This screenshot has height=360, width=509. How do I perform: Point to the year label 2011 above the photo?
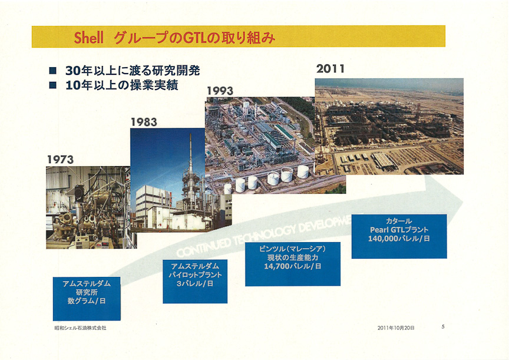(330, 68)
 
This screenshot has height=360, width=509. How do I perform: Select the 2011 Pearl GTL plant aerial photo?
(389, 126)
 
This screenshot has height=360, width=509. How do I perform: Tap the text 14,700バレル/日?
(292, 267)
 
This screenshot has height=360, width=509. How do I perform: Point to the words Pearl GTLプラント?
(399, 230)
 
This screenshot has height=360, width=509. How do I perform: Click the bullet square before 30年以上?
(53, 71)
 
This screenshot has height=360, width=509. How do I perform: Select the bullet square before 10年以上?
(53, 85)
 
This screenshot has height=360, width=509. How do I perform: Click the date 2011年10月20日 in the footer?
(396, 328)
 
